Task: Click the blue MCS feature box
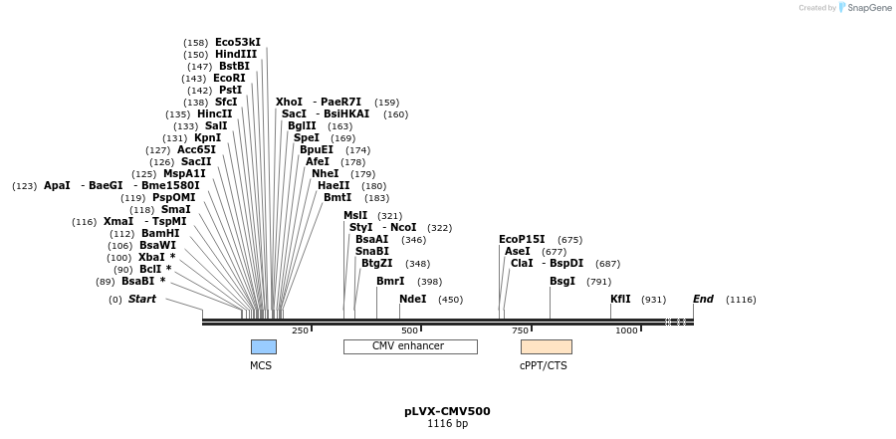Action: pos(263,346)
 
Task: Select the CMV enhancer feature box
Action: pos(409,346)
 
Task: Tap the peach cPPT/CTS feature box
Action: pos(546,346)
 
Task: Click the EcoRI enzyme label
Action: pos(229,78)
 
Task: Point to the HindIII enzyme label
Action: pos(235,55)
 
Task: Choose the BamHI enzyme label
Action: pos(159,234)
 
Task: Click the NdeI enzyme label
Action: pos(412,299)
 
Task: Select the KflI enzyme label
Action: pos(620,299)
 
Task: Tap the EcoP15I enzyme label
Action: pos(522,240)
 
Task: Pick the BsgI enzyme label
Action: pos(562,282)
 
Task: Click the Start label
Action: pos(142,299)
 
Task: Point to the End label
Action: pos(703,299)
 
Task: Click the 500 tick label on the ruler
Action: pos(409,330)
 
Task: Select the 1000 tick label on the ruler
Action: pos(626,330)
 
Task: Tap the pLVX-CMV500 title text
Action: pos(447,411)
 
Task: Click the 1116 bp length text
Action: pos(447,424)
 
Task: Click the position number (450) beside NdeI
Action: pos(450,300)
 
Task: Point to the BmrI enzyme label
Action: pos(390,282)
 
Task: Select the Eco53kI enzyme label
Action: pos(238,43)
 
